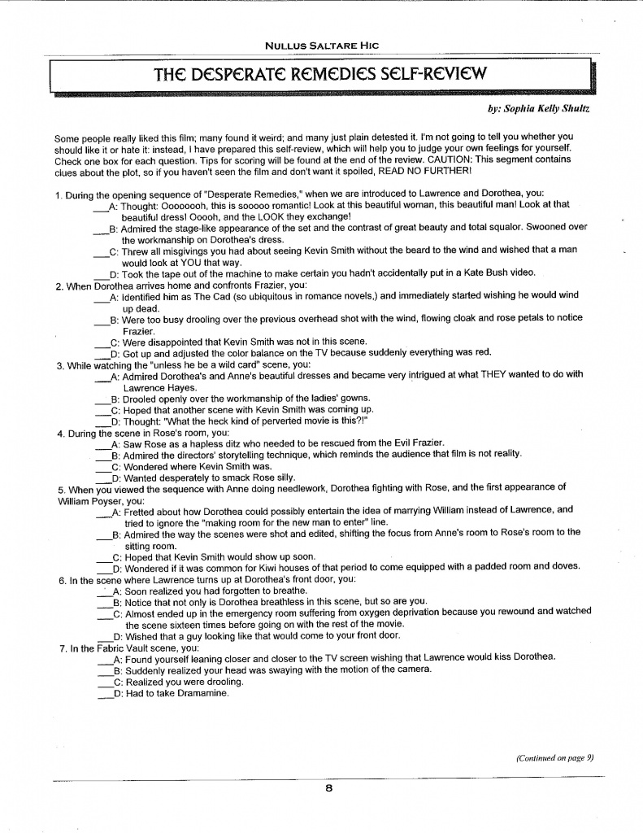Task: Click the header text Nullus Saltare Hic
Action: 323,46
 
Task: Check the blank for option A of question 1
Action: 101,207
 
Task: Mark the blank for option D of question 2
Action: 102,354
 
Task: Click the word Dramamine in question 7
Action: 202,694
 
